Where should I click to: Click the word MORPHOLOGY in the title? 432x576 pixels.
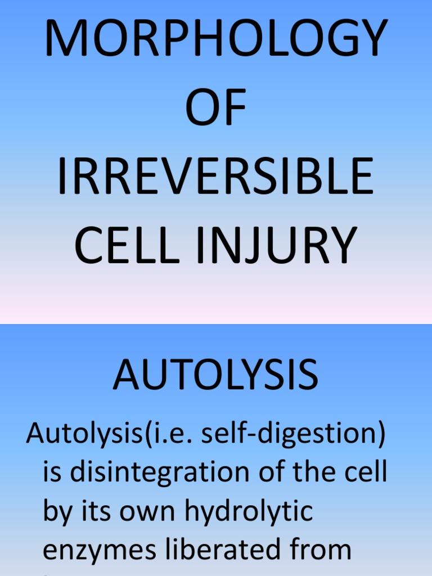click(216, 39)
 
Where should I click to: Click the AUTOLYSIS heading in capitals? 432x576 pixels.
click(215, 375)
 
